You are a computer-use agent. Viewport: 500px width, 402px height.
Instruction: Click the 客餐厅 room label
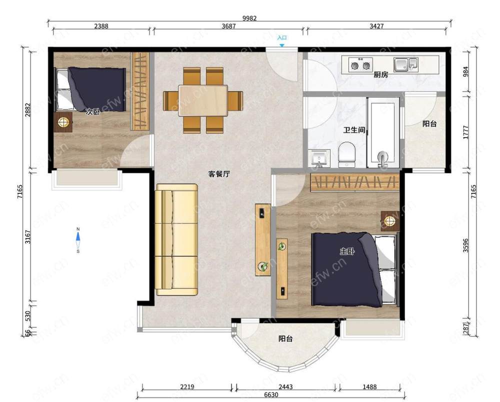[219, 174]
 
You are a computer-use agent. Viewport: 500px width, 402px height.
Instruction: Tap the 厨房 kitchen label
[380, 75]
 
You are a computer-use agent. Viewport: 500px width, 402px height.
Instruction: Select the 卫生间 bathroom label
[354, 130]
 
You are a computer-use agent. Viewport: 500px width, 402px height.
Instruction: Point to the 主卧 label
[347, 251]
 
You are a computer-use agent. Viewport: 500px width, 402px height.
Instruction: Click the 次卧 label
[93, 112]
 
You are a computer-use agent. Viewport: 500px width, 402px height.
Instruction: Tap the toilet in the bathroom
[346, 155]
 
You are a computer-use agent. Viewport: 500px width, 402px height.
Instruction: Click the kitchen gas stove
[360, 65]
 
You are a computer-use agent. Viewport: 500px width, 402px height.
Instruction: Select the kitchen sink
[405, 65]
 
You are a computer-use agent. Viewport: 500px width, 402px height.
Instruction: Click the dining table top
[203, 101]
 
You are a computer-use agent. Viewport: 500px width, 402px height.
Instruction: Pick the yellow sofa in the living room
[176, 239]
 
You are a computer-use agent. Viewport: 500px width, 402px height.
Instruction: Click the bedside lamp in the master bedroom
[389, 221]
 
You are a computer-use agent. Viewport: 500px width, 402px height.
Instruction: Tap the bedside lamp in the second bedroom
[63, 122]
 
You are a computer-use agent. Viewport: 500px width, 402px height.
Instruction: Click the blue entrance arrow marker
[282, 46]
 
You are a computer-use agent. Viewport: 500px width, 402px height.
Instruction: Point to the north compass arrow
[78, 237]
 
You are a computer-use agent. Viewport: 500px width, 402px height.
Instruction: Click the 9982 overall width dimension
[249, 18]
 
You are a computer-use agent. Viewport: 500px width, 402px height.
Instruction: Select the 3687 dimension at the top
[228, 26]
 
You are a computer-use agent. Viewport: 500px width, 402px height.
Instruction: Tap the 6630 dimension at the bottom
[271, 394]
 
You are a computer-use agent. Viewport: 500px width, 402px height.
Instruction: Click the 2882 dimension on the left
[28, 110]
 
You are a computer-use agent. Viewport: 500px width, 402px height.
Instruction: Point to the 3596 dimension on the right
[466, 245]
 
